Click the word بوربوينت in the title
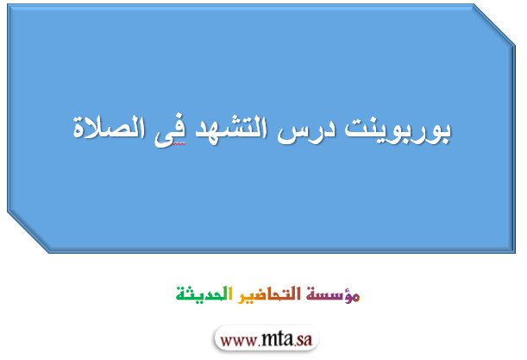coord(398,130)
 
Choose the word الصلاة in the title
coord(109,127)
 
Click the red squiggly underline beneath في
coord(179,143)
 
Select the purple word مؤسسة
coord(333,294)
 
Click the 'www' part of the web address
coord(237,341)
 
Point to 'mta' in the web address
coord(276,339)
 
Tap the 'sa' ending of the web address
coord(304,340)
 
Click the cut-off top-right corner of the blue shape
coord(494,24)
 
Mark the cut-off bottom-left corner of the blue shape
coord(28,232)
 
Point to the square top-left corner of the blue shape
coord(8,4)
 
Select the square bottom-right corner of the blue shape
coord(515,252)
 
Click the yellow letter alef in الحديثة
coord(230,294)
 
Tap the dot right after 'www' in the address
coord(257,345)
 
